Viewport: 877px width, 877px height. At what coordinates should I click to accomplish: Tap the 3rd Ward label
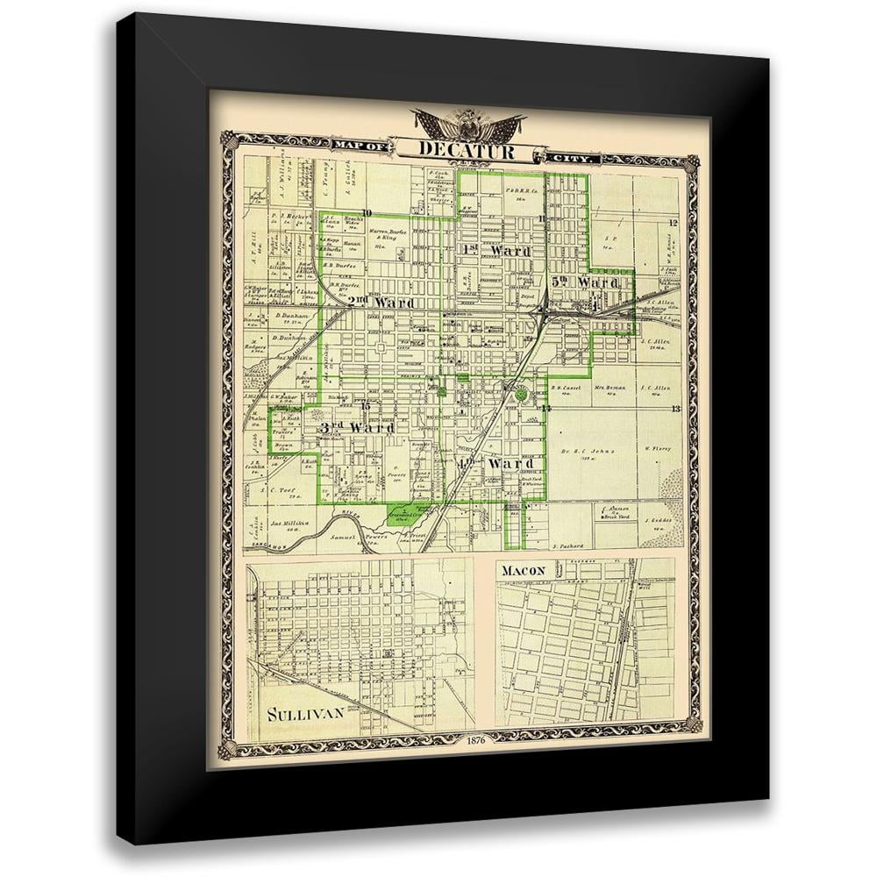354,427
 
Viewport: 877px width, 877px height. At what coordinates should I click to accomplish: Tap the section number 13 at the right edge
675,410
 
